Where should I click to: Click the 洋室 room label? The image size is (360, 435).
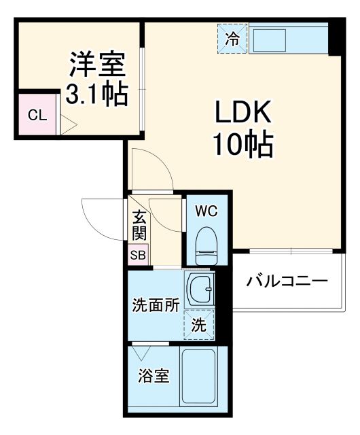tap(96, 66)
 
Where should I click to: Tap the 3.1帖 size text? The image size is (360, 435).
tap(96, 94)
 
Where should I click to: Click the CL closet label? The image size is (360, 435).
tap(37, 115)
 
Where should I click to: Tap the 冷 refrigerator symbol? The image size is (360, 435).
tap(232, 38)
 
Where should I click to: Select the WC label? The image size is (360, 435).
tap(206, 211)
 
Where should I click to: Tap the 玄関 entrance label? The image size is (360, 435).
tap(139, 226)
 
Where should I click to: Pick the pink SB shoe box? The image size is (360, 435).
tap(138, 256)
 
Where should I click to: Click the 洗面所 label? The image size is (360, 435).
tap(156, 304)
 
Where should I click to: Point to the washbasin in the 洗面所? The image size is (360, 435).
tap(199, 291)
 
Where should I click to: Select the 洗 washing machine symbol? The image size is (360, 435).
tap(198, 324)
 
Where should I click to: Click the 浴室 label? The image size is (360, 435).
tap(153, 376)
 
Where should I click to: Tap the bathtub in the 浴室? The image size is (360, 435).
tap(198, 378)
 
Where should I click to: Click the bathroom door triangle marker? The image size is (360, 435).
tap(142, 353)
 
